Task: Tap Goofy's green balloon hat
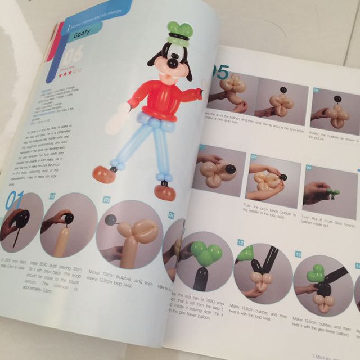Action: coord(179,33)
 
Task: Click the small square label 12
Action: coord(240,243)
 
